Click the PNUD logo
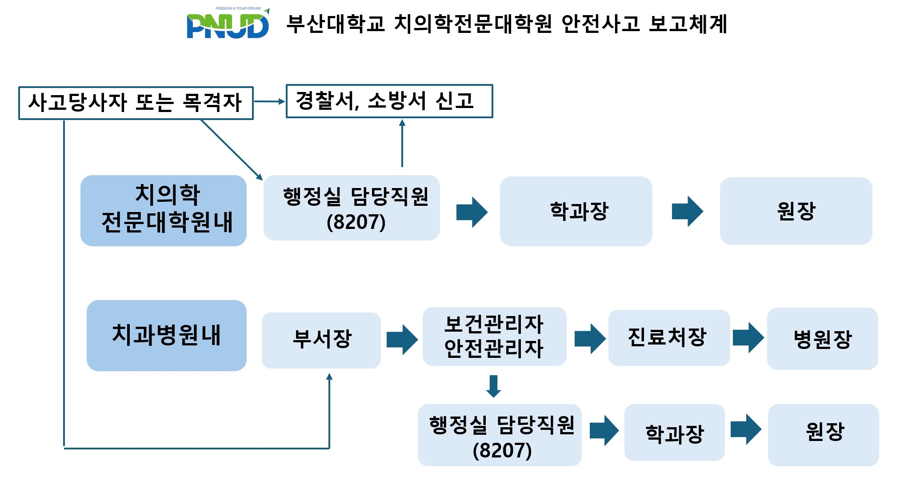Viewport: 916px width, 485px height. tap(228, 24)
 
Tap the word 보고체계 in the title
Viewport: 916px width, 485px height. tap(688, 24)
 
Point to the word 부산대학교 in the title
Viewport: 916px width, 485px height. tap(336, 24)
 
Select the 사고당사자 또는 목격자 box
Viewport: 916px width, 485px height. tap(136, 103)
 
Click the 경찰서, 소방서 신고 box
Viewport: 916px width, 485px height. tap(389, 101)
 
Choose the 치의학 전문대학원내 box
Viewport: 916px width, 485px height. tap(164, 210)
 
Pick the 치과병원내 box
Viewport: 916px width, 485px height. tap(167, 336)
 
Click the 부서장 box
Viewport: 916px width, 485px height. tap(321, 340)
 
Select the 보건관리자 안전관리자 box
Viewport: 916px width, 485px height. tap(494, 337)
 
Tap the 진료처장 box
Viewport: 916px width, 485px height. tap(668, 337)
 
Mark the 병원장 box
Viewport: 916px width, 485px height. tap(822, 339)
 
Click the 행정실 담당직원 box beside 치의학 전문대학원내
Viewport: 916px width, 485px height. tap(352, 208)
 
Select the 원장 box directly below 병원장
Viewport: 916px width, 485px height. tap(823, 434)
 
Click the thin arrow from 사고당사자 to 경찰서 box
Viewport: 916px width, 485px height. tap(269, 102)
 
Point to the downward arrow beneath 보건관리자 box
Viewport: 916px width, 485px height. tap(493, 386)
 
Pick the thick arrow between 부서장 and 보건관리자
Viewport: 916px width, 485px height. tap(402, 340)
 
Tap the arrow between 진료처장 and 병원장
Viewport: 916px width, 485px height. tap(748, 338)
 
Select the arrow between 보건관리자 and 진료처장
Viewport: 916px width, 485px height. tap(590, 339)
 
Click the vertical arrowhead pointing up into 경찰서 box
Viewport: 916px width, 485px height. tap(402, 123)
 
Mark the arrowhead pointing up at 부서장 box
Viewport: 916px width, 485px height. tap(329, 377)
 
